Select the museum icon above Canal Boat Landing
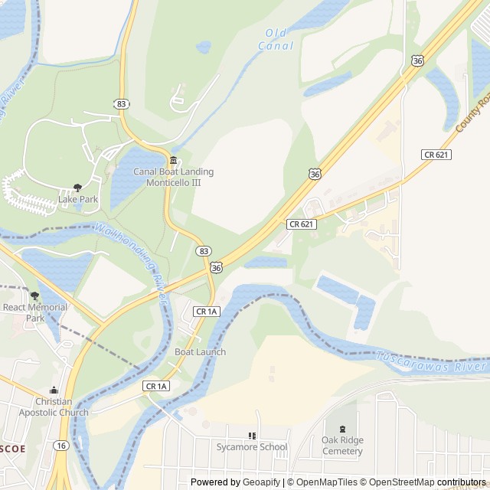[174, 160]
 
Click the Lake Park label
[78, 200]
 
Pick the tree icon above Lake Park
[77, 188]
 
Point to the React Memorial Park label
[35, 312]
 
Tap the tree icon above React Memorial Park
[34, 296]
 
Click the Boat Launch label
[200, 352]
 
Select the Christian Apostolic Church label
[53, 407]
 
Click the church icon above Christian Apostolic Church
[53, 390]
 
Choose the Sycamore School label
[252, 447]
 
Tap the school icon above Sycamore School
[252, 436]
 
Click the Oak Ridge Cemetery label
[342, 446]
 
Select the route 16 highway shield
[60, 445]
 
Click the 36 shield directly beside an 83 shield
[217, 267]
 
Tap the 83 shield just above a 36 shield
[203, 251]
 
